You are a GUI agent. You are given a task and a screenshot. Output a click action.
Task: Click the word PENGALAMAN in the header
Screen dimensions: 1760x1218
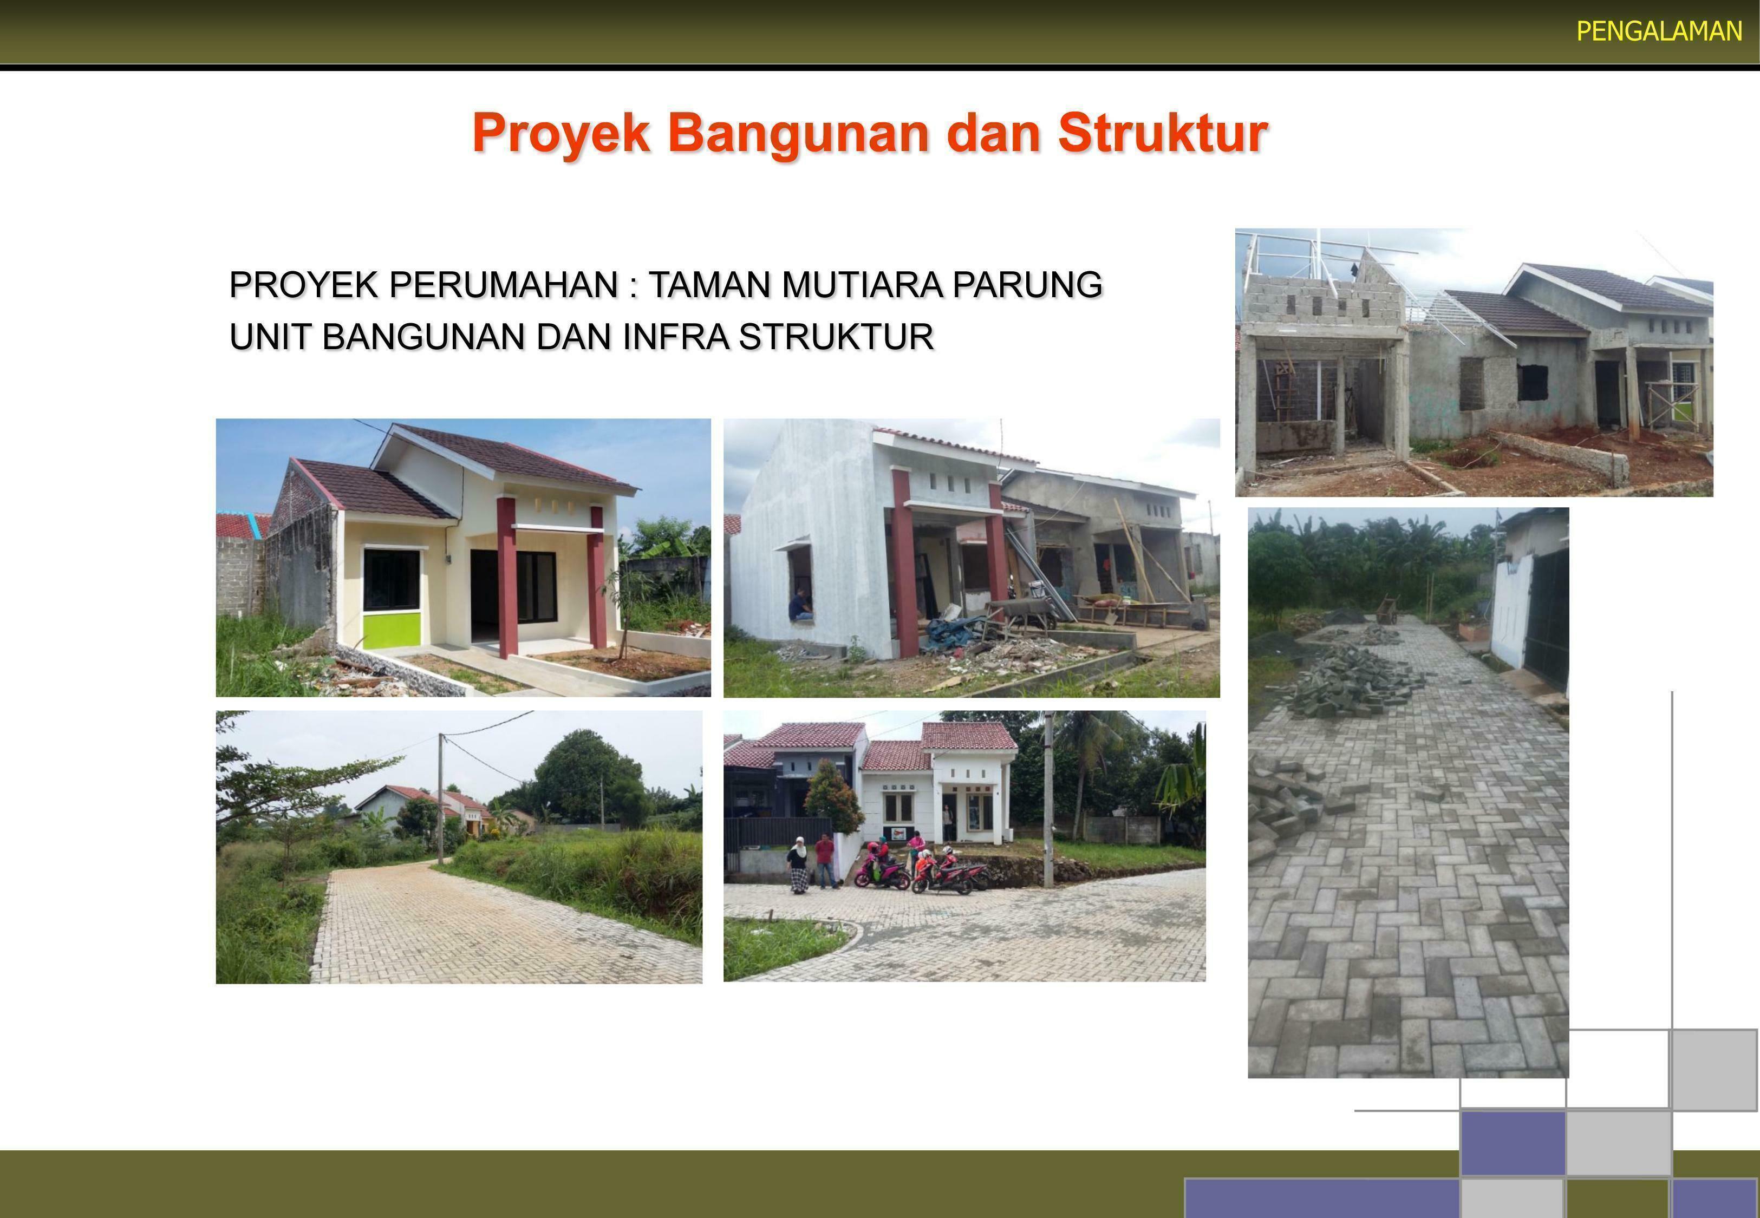click(x=1659, y=31)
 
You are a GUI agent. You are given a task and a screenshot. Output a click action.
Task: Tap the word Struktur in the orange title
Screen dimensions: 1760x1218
click(x=1162, y=133)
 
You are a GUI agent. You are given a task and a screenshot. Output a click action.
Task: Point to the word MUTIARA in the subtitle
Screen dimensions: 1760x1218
click(x=856, y=285)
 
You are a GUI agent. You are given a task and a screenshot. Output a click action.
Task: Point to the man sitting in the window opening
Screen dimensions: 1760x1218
click(x=799, y=605)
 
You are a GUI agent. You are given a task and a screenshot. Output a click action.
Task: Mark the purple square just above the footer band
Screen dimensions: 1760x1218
click(x=1513, y=1142)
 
